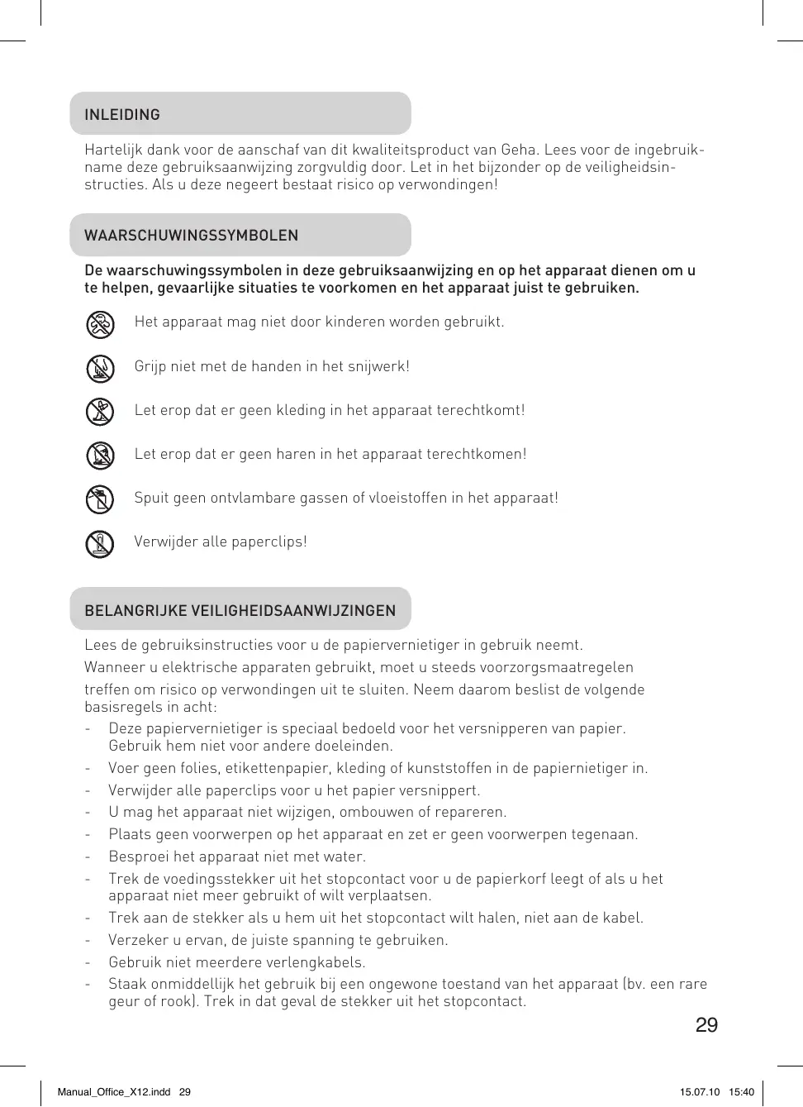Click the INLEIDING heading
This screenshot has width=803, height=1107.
[122, 115]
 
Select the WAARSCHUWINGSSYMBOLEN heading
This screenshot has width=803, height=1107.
[191, 236]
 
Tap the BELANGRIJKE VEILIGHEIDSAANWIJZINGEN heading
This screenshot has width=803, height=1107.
[240, 611]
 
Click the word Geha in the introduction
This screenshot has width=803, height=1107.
[518, 150]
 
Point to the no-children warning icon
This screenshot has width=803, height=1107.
[100, 324]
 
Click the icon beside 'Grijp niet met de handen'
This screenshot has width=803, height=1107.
[100, 368]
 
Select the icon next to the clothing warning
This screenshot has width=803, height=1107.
[100, 411]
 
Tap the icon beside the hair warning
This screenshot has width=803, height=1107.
[100, 455]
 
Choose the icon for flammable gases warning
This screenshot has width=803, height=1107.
[100, 499]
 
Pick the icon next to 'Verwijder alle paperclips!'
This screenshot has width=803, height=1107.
[100, 543]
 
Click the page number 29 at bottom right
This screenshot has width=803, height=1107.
[706, 1025]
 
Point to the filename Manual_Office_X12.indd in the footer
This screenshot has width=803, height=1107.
[114, 1092]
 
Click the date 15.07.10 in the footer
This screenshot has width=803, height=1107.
[700, 1092]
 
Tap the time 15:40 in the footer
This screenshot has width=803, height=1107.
[741, 1092]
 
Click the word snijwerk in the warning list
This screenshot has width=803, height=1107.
[379, 366]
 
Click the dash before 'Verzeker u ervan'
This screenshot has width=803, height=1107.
[88, 940]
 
